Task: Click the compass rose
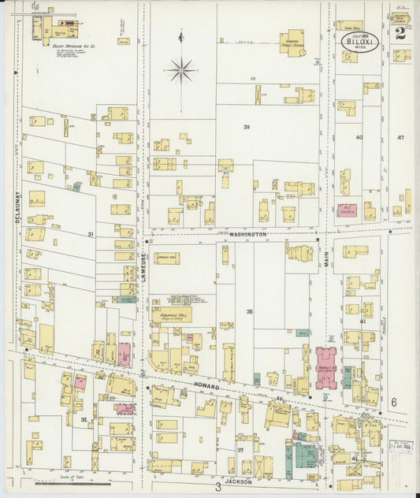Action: (180, 70)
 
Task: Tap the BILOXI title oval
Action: (360, 42)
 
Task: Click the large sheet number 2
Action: (400, 33)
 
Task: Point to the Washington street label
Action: (248, 235)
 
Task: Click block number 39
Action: (246, 127)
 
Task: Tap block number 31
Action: (91, 234)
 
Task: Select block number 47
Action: (400, 138)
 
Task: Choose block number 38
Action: (249, 311)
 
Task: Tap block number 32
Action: (83, 420)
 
